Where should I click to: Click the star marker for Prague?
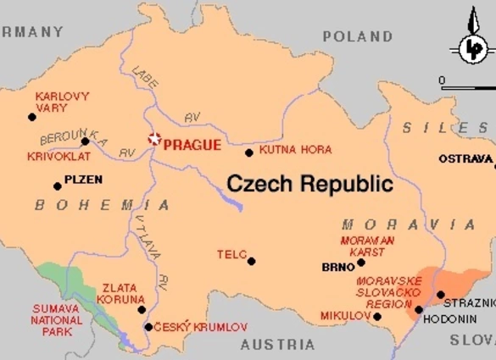coord(153,140)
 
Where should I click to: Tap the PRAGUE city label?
coord(192,145)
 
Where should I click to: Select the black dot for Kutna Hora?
coord(248,153)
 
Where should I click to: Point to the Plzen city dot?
coord(58,186)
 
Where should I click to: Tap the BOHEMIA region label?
coord(102,205)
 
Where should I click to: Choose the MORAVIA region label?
coord(409,224)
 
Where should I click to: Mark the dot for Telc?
coord(251,261)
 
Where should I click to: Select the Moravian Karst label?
coord(368,246)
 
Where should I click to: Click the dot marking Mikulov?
coord(377,317)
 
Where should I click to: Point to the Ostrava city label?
coord(465,158)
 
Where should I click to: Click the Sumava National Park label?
coord(57,319)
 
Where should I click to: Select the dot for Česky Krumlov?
coord(148,327)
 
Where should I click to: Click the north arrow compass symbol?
coord(471,47)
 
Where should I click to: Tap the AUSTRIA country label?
coord(277,345)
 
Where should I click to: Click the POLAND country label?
coord(357,36)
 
